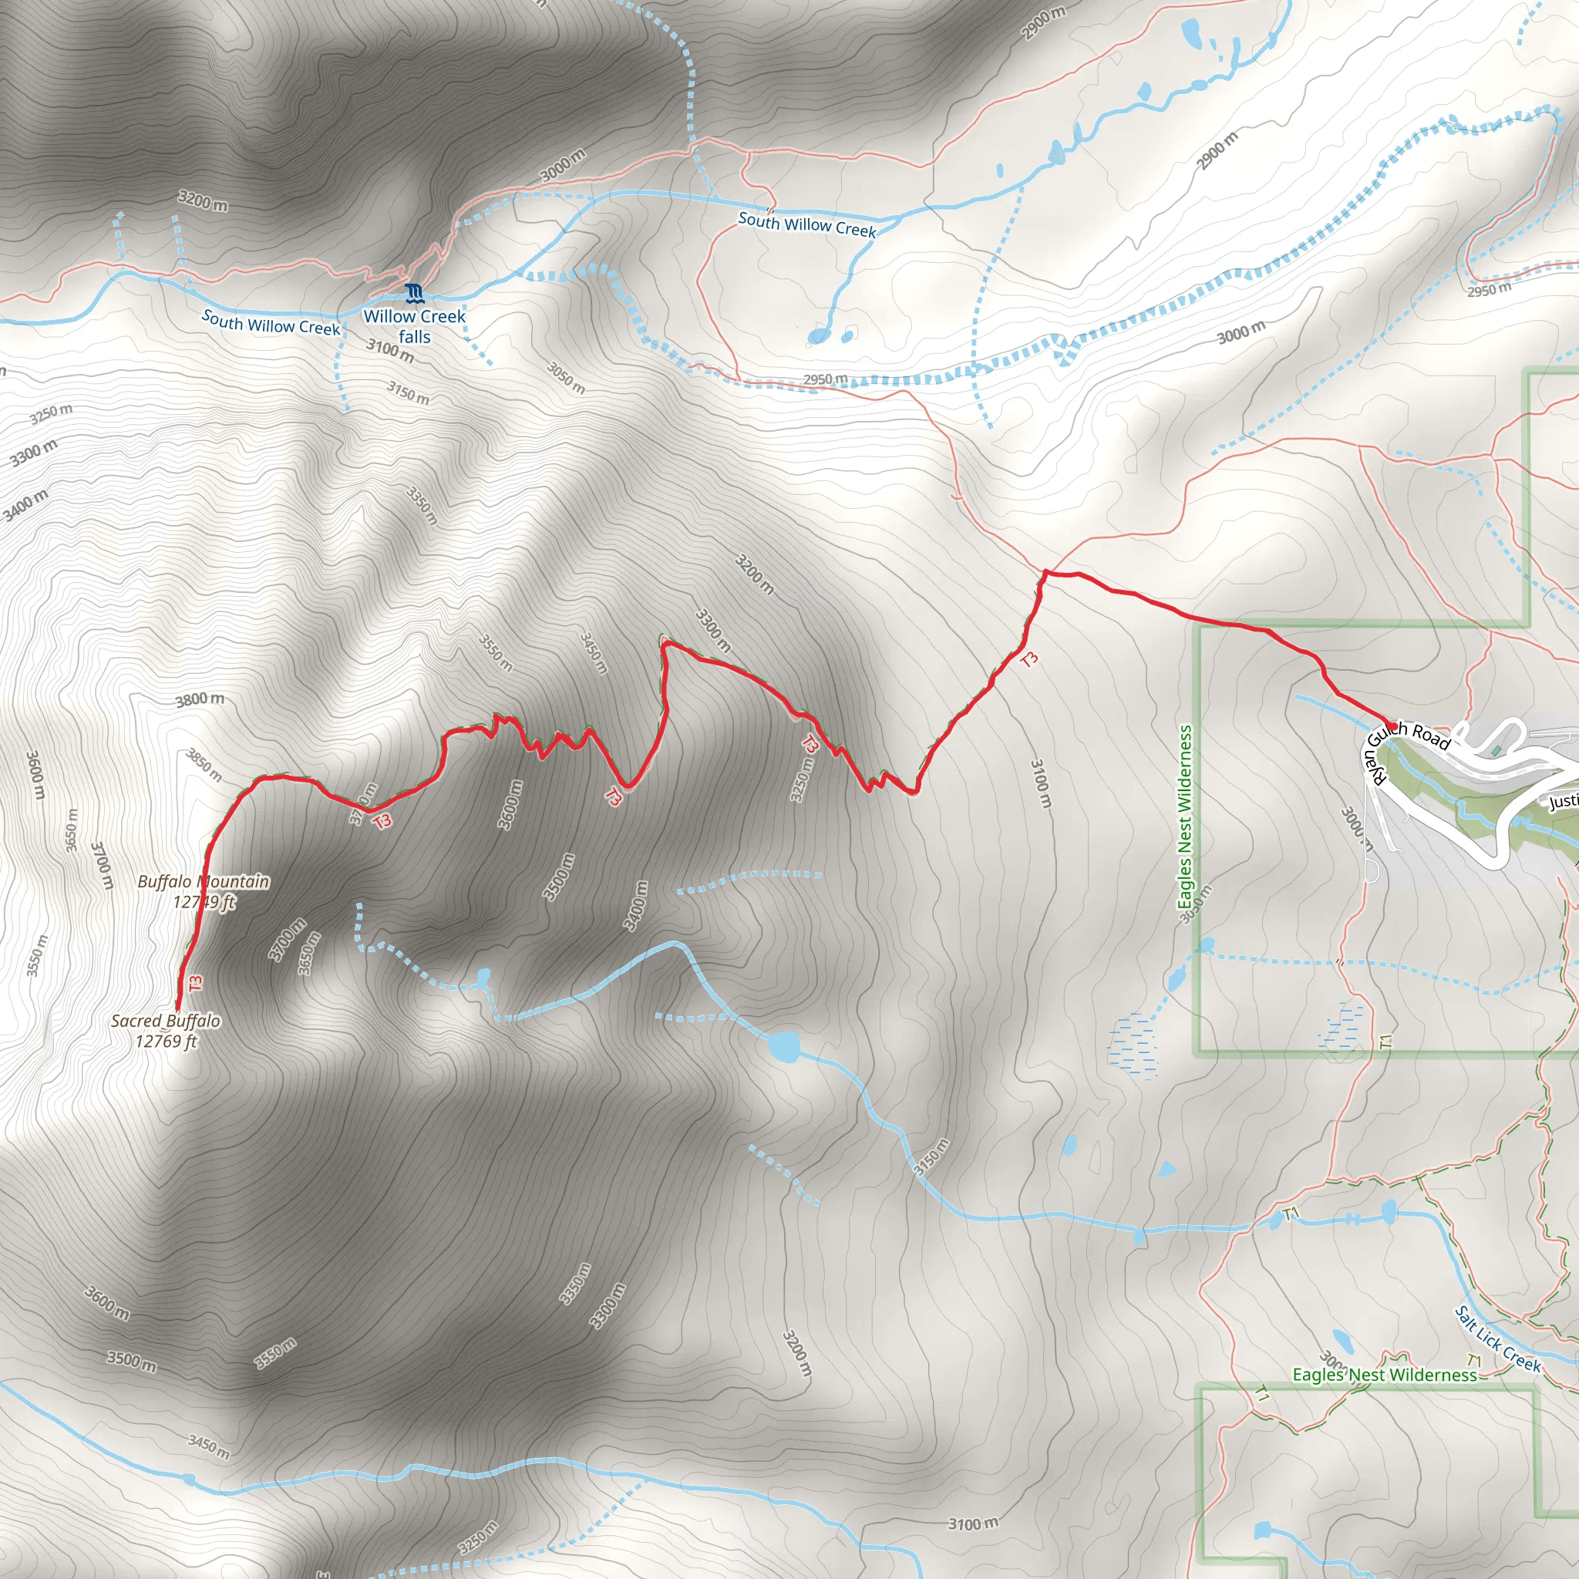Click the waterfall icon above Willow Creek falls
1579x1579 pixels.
(414, 292)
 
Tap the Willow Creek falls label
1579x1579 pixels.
(414, 326)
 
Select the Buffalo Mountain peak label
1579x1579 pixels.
(204, 891)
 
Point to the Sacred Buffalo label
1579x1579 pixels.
(166, 1031)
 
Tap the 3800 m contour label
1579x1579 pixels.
(200, 699)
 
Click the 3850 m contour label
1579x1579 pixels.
(204, 764)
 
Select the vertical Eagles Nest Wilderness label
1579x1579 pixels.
(1184, 816)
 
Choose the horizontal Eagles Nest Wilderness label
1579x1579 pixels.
(1384, 1375)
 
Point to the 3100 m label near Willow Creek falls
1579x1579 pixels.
(390, 350)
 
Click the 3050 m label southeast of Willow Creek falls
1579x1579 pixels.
(566, 378)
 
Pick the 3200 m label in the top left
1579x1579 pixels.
(203, 201)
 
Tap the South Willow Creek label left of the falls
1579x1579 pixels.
(271, 323)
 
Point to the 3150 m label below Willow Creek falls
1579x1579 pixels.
(408, 393)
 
